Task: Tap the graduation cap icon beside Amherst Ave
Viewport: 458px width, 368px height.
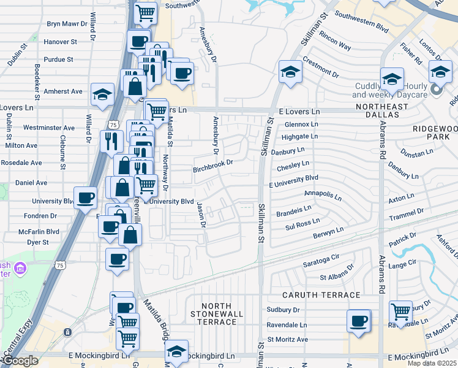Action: [x=103, y=94]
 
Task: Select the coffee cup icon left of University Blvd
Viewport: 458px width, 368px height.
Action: [x=85, y=197]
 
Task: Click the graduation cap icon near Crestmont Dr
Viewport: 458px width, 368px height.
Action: [x=290, y=72]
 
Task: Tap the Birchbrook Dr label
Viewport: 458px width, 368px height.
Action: [x=214, y=163]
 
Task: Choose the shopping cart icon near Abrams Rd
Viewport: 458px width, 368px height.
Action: [x=400, y=311]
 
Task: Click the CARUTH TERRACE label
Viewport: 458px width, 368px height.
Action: [x=312, y=295]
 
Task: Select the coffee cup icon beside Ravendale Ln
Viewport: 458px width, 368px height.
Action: [x=358, y=320]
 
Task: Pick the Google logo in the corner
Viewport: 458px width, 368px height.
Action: [x=20, y=361]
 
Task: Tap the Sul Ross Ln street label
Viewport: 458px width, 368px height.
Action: [x=302, y=223]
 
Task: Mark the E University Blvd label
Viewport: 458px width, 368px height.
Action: [x=294, y=178]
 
